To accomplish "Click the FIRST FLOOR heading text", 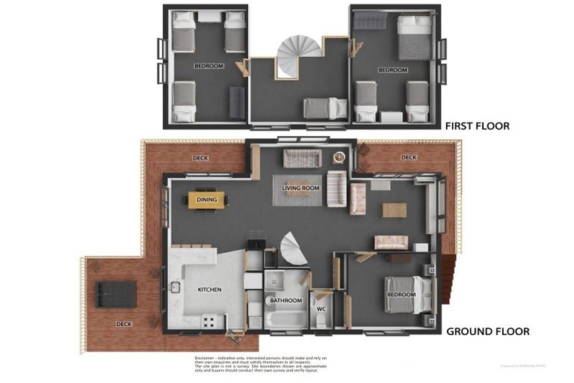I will [477, 126].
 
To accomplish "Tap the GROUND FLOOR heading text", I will [487, 331].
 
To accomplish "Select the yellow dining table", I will [206, 200].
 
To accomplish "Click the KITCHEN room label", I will [209, 289].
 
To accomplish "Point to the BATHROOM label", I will [286, 301].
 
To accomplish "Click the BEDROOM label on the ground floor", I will [401, 295].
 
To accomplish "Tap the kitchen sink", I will [175, 287].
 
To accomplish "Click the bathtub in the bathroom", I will [286, 319].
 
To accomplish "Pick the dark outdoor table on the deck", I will [116, 295].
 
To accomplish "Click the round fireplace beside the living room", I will [339, 157].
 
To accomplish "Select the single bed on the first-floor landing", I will [325, 108].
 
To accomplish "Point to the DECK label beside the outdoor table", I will [123, 324].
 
